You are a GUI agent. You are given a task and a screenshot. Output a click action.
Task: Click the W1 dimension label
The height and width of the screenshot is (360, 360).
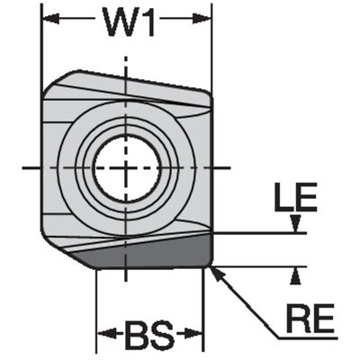point(130,21)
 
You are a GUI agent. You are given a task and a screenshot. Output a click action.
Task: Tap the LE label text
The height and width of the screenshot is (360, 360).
point(295,196)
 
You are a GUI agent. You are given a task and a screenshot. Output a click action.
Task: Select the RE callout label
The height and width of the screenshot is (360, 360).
point(310,317)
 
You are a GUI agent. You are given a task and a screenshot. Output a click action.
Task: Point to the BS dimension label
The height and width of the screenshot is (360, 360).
point(149,334)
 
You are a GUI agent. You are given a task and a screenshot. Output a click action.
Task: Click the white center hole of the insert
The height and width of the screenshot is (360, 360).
point(127,167)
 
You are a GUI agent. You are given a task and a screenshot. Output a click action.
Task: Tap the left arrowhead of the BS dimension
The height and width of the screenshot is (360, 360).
point(107,334)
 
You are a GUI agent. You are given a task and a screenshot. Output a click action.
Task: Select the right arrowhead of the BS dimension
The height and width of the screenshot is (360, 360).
point(193,334)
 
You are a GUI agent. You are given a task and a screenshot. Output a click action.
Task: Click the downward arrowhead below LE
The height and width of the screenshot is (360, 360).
point(296,223)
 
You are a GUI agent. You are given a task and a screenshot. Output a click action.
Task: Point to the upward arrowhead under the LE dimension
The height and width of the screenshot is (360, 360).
point(296,276)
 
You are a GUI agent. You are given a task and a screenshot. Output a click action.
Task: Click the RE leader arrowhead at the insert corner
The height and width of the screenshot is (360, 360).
point(217,274)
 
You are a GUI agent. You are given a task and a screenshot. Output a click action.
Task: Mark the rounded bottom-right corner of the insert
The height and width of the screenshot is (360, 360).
point(209,263)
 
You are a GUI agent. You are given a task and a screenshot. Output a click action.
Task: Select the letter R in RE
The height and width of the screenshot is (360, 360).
point(297,317)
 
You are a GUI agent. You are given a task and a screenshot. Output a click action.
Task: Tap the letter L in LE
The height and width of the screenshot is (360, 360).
point(284,196)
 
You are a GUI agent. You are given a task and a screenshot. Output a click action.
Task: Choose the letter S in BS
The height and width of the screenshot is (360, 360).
point(163,334)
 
